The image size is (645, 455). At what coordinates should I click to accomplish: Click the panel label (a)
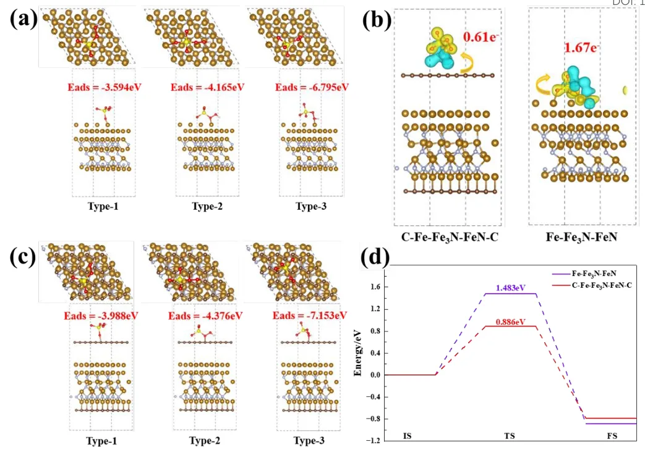(x=23, y=20)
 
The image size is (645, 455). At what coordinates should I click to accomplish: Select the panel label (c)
(x=23, y=257)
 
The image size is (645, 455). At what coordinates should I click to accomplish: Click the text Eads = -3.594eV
(x=105, y=87)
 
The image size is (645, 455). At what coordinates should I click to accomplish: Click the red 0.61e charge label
(x=484, y=38)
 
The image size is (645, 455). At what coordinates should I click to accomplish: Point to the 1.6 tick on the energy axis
(x=374, y=287)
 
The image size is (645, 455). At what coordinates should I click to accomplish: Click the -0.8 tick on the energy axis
(x=372, y=419)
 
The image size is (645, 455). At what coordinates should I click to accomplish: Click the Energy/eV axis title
(x=358, y=355)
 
